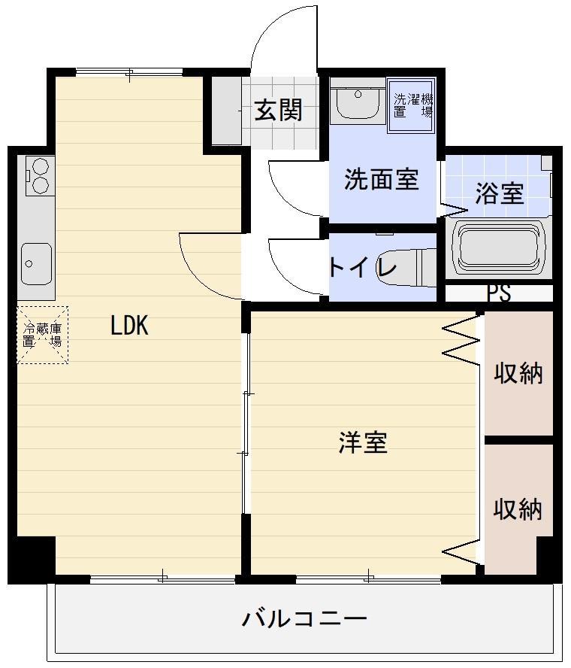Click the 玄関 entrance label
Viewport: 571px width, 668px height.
[x=278, y=111]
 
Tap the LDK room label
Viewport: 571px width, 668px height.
[x=129, y=326]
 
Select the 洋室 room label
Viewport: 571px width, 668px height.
[x=362, y=443]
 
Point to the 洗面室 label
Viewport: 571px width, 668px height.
[x=381, y=180]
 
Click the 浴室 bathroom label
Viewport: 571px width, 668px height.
[x=499, y=193]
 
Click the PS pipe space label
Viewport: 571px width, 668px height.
[x=499, y=293]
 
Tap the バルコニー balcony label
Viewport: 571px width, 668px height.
[x=304, y=619]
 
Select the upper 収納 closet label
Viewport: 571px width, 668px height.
[x=518, y=372]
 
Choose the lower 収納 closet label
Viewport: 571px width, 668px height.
[x=518, y=509]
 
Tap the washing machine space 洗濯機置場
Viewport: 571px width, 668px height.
[x=412, y=105]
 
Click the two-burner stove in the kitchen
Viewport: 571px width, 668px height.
[x=38, y=176]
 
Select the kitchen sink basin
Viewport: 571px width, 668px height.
[x=35, y=263]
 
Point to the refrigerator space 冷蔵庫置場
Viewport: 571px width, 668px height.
[x=42, y=335]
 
